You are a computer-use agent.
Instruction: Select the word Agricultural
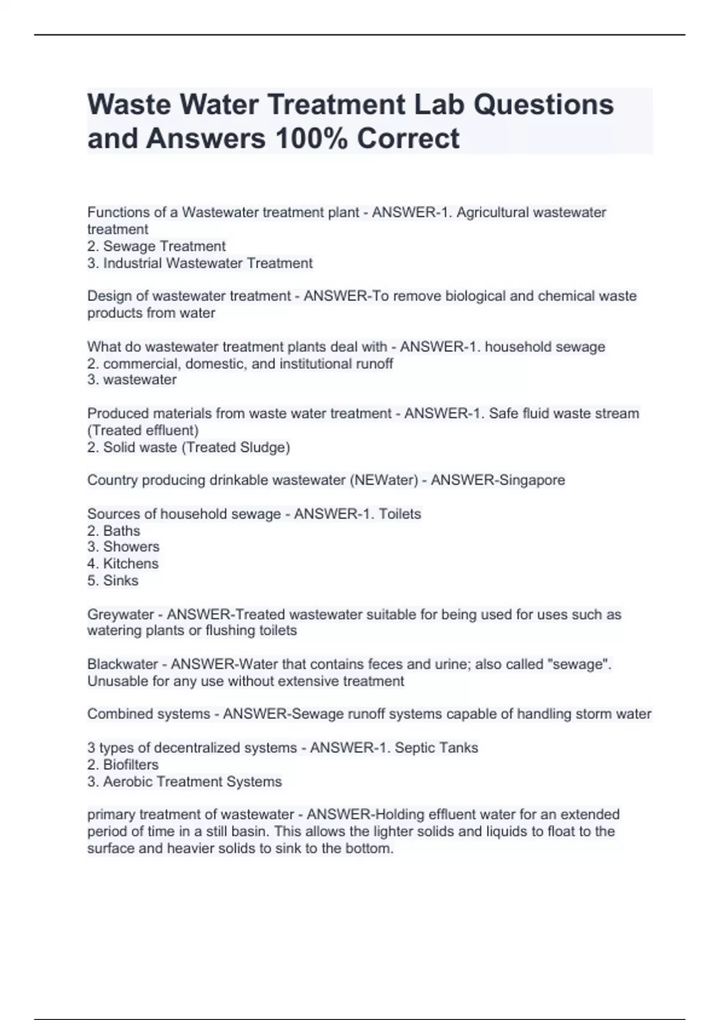tap(493, 212)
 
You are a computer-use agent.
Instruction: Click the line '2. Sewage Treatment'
tap(157, 246)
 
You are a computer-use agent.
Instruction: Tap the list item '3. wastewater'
tap(132, 380)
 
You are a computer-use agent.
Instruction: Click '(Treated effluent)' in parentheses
tap(143, 430)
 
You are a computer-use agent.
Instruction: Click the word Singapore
tap(528, 480)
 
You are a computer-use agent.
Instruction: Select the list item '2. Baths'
tap(114, 530)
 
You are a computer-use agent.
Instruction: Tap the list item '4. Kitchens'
tap(123, 563)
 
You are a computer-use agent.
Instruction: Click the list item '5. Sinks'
tap(113, 580)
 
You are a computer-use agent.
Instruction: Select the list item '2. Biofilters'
tap(123, 764)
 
